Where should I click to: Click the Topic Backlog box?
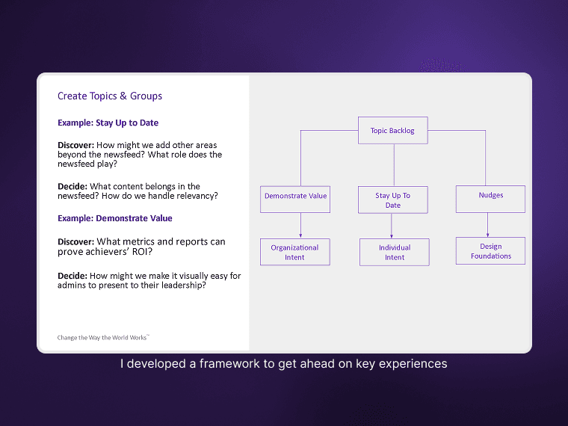point(392,130)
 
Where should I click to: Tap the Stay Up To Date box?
point(392,200)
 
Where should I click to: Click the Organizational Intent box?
point(294,252)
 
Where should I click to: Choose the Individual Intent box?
point(394,252)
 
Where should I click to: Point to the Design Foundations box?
point(490,250)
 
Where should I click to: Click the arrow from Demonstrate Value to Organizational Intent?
point(300,226)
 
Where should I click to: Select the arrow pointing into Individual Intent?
point(392,226)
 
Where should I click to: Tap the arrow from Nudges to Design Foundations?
point(488,225)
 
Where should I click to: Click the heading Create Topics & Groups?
point(110,96)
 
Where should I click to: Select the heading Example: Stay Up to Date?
point(108,123)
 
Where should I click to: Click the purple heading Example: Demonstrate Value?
point(114,218)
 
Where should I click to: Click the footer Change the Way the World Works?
point(103,338)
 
